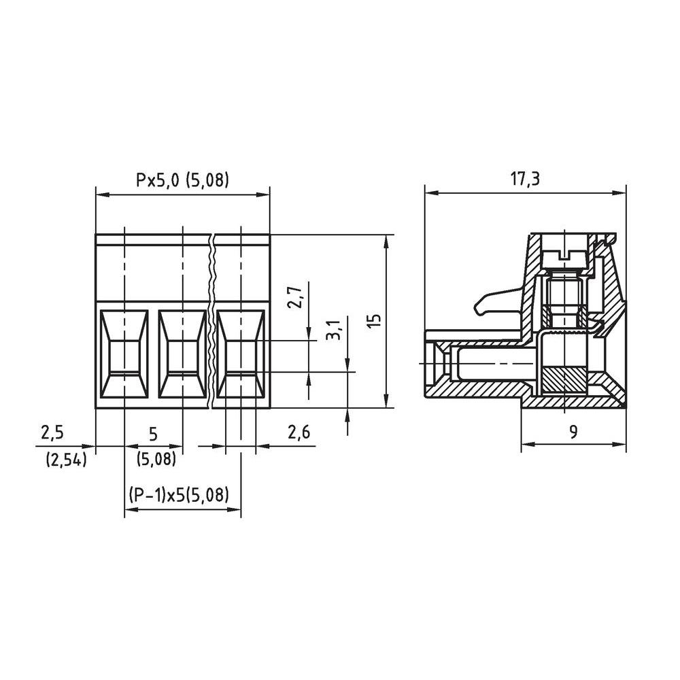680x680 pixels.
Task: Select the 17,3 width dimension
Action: pos(525,180)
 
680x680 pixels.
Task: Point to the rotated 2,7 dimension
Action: pos(294,297)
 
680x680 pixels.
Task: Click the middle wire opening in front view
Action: pos(182,354)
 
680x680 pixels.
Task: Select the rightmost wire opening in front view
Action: pos(241,354)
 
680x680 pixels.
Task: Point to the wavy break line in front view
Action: pos(212,320)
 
